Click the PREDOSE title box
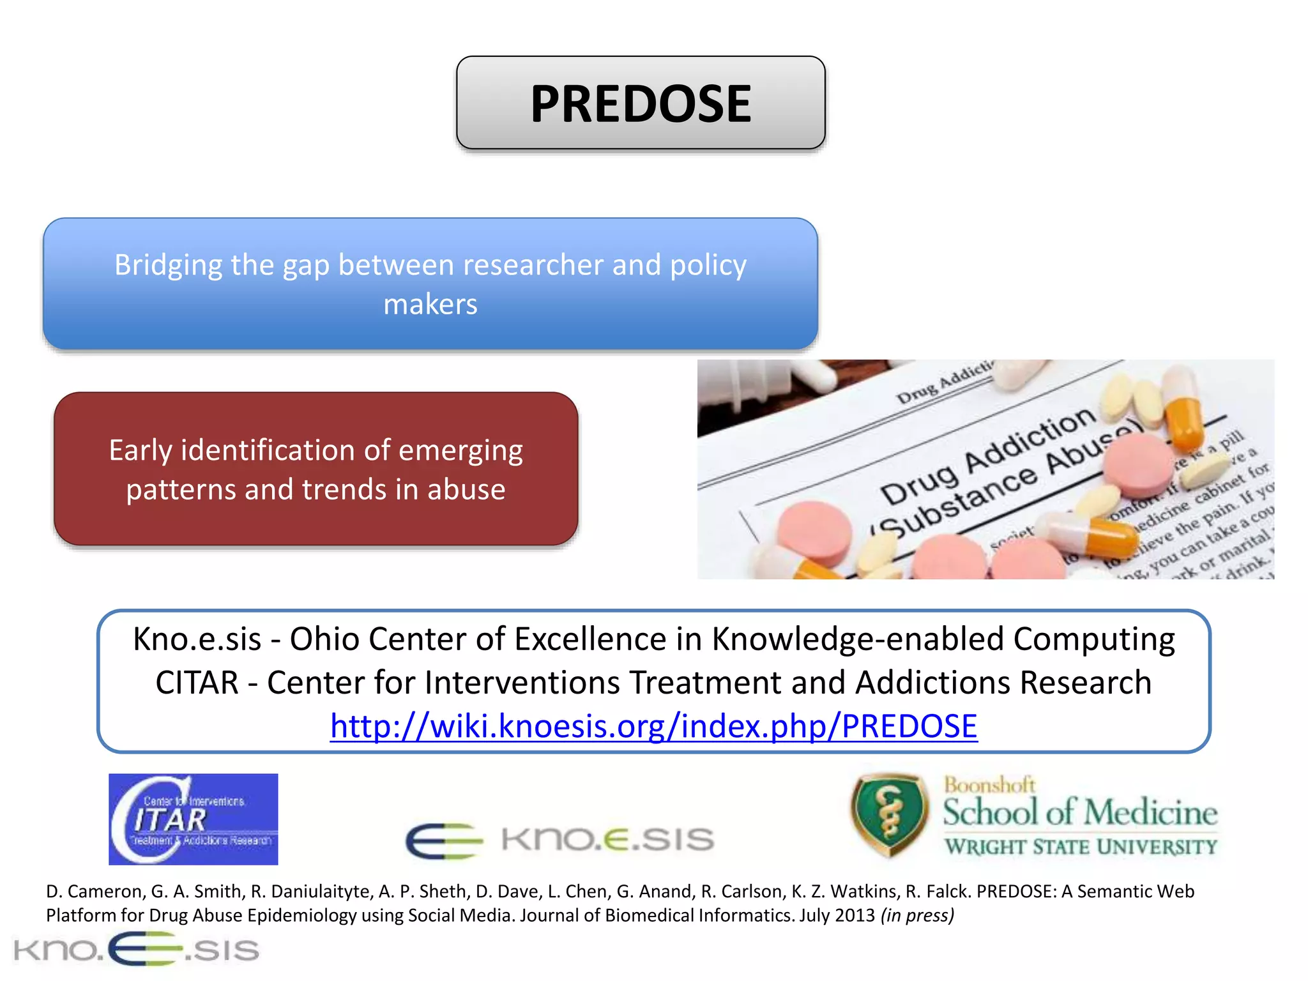click(x=641, y=103)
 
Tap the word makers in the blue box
click(x=430, y=305)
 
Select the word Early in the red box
click(x=141, y=451)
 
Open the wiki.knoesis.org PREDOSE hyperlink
click(x=653, y=726)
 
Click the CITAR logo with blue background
click(x=193, y=819)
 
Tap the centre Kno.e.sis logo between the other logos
click(x=559, y=839)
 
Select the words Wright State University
click(x=1081, y=847)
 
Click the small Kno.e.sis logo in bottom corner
click(x=136, y=949)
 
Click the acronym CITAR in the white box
click(x=197, y=683)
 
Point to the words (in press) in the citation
click(x=917, y=915)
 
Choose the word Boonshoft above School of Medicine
click(x=989, y=785)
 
